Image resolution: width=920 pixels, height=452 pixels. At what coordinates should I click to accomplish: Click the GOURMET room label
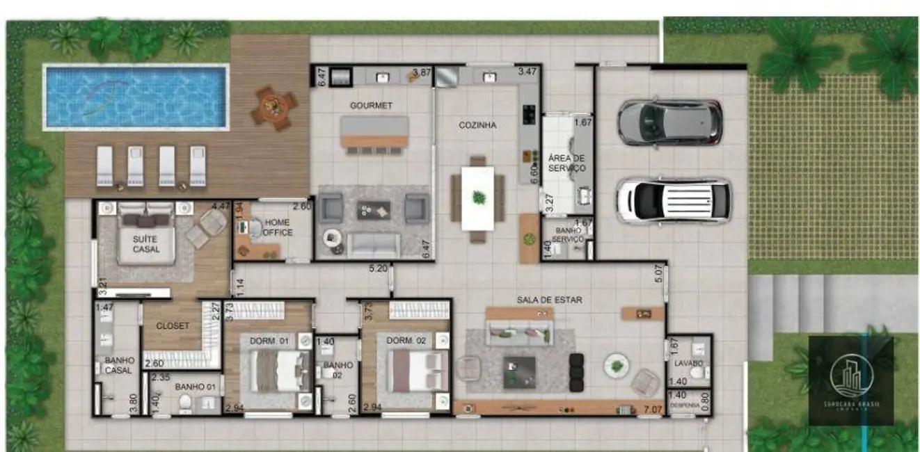[x=371, y=106]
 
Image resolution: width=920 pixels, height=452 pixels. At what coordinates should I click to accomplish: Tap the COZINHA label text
[x=477, y=126]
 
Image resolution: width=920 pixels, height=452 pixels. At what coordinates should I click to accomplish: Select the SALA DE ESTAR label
[x=549, y=300]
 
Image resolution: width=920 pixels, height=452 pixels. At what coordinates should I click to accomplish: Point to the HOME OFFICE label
[x=277, y=228]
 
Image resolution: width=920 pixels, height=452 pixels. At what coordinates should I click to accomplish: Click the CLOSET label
[x=173, y=325]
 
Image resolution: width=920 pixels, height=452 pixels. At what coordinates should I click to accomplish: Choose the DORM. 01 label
[x=269, y=341]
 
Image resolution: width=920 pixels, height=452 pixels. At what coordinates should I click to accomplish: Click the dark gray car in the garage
[x=669, y=122]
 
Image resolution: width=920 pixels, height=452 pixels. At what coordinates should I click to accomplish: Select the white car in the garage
[x=673, y=201]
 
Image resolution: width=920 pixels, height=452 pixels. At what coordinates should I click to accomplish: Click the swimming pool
[x=136, y=97]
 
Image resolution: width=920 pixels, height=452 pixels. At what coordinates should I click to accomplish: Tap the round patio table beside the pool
[x=274, y=107]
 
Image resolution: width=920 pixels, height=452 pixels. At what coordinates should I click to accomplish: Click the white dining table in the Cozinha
[x=478, y=198]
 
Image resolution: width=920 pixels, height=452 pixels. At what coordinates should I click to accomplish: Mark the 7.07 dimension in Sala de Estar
[x=652, y=409]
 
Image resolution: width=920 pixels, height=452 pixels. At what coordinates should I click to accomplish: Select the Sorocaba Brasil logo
[x=850, y=380]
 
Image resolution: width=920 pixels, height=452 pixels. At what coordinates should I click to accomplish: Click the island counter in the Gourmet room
[x=374, y=132]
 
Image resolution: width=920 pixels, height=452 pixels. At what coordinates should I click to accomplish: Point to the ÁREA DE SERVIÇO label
[x=566, y=163]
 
